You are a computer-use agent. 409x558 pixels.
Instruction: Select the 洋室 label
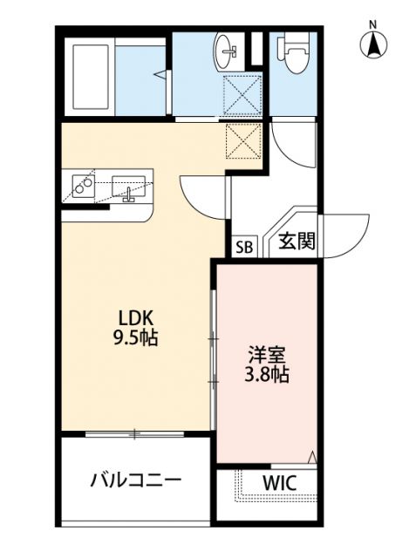(266, 356)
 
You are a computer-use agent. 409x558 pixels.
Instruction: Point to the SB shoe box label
(244, 247)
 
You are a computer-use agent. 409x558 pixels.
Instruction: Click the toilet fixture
(293, 57)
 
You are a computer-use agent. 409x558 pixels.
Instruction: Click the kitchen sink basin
(131, 188)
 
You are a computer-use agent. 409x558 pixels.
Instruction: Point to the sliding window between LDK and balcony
(136, 432)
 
